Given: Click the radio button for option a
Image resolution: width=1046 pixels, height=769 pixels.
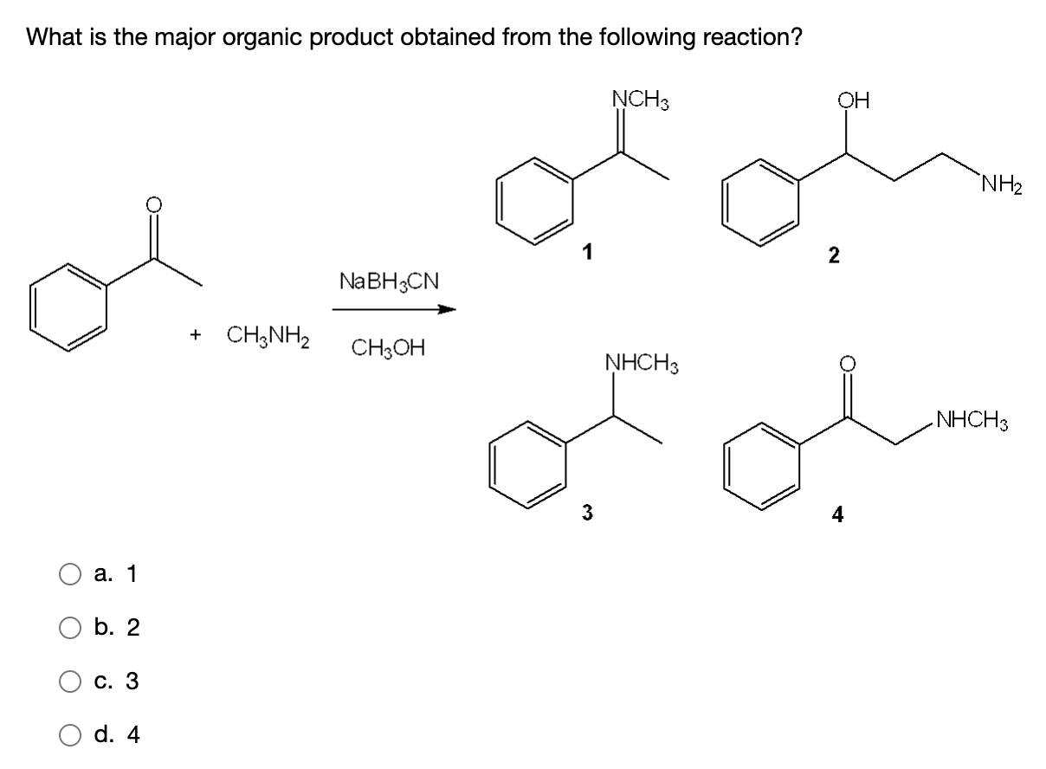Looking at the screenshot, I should (70, 574).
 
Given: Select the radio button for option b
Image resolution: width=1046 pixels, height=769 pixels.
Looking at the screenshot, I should (70, 628).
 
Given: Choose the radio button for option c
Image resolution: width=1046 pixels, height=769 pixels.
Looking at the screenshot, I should (70, 682).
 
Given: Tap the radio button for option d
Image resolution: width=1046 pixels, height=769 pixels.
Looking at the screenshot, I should (70, 735).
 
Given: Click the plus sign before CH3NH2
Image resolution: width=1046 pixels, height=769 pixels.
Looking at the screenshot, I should (197, 334).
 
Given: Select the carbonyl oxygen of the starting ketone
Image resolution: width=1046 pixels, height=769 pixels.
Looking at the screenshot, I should (153, 205).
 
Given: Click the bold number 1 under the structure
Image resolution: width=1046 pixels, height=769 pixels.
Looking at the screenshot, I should (587, 253).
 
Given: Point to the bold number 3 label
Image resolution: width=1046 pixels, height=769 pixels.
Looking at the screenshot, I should (587, 513).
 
